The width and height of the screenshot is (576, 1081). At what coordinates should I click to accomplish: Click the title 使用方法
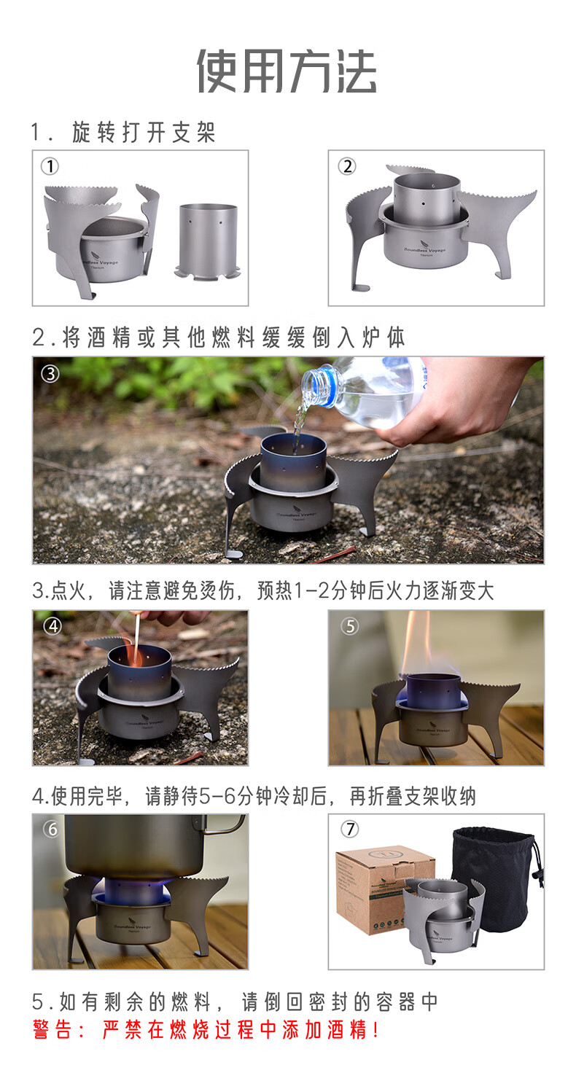click(287, 71)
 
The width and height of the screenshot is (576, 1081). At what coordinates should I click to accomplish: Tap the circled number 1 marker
click(50, 166)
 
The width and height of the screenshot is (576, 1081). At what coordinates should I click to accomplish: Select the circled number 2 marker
click(346, 166)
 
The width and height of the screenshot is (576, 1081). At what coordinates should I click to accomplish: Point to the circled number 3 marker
click(50, 373)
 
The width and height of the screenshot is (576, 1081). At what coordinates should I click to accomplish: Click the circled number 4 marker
click(52, 626)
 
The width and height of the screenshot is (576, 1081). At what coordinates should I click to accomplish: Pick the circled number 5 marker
click(350, 626)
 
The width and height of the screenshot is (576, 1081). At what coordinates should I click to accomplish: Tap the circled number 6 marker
click(52, 829)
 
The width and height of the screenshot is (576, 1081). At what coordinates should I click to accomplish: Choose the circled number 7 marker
click(349, 829)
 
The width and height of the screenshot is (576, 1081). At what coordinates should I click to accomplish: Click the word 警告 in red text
click(52, 1029)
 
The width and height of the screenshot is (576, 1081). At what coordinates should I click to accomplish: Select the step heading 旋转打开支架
click(144, 133)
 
